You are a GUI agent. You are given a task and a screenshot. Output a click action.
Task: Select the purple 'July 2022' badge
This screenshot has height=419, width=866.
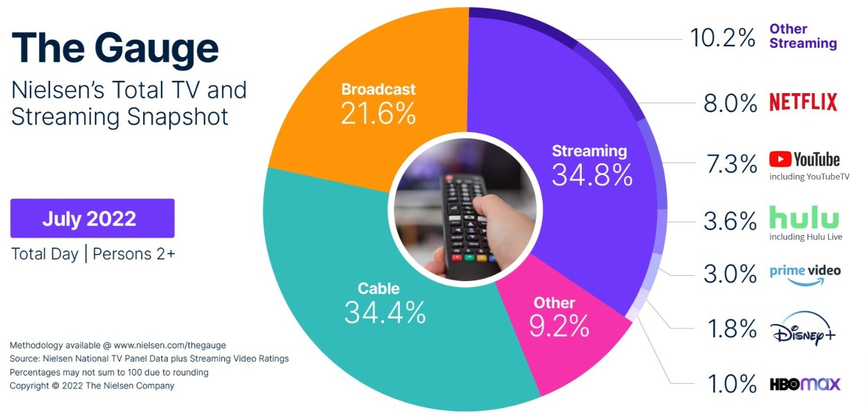(92, 219)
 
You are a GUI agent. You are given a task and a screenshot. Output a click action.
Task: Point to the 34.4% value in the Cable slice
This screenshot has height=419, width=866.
(384, 312)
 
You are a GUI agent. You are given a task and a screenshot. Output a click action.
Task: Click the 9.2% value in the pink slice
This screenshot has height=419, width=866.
(559, 326)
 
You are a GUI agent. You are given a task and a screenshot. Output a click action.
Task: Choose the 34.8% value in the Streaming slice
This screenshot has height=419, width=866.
(592, 174)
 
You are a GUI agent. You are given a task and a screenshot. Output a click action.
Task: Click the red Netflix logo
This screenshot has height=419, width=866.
(803, 103)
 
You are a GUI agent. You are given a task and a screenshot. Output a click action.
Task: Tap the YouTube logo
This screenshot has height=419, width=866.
(804, 159)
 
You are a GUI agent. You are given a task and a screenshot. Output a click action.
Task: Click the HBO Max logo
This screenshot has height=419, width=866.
(805, 384)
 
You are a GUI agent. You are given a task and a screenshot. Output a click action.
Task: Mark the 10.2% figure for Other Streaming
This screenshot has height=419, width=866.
(722, 38)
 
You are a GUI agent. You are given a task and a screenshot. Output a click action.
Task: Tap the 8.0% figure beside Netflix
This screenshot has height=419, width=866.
(730, 104)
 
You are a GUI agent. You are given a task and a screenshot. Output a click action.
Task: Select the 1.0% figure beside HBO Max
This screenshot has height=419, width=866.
(730, 384)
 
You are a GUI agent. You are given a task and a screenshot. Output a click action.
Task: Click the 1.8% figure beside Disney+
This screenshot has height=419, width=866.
(730, 329)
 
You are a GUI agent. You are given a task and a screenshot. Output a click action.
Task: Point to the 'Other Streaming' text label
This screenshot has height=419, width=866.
(803, 36)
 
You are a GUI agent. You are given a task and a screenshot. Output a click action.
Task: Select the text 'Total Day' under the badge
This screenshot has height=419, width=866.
(45, 254)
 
